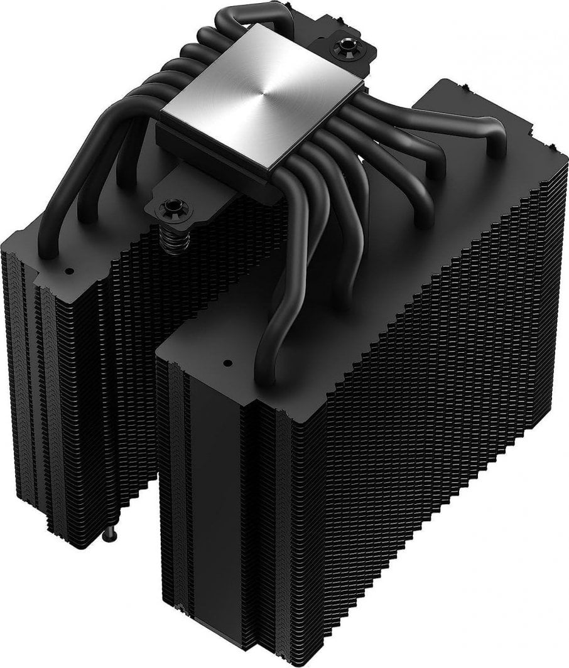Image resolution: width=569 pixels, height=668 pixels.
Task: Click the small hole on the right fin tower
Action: pos(224,363)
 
